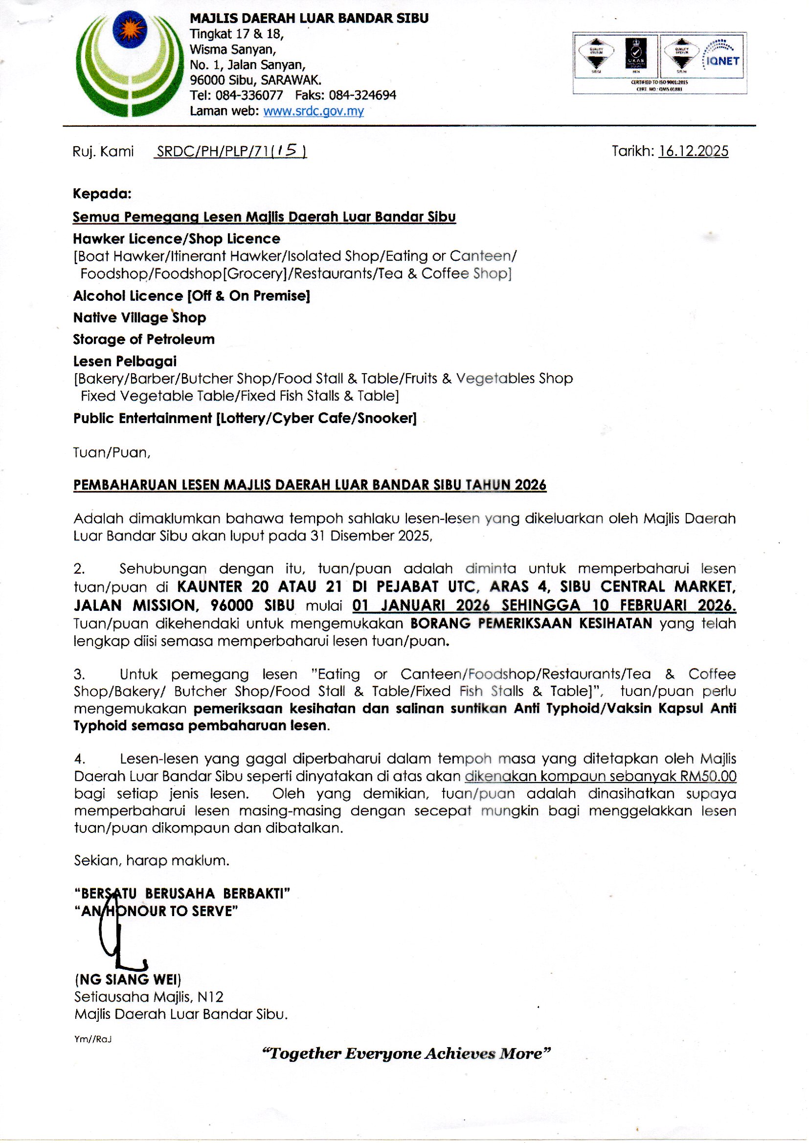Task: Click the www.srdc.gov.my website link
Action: [314, 111]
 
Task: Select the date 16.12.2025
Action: [694, 151]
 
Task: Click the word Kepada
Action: [102, 193]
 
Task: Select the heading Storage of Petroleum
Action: [144, 339]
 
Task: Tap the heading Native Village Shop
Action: [139, 317]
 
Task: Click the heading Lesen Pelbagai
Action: [125, 361]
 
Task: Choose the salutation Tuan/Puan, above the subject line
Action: [112, 452]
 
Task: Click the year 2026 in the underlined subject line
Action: [531, 485]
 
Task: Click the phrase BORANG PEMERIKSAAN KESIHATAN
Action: [531, 623]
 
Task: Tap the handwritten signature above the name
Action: [119, 936]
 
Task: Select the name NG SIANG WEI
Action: [128, 980]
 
